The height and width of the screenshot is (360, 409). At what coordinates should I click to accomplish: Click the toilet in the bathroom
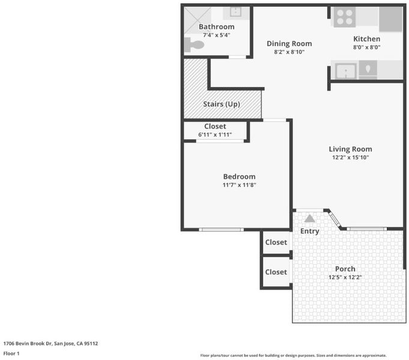pyautogui.click(x=194, y=44)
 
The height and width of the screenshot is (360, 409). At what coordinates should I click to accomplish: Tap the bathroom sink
pyautogui.click(x=235, y=12)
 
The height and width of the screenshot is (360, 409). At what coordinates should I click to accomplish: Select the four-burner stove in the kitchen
pyautogui.click(x=344, y=17)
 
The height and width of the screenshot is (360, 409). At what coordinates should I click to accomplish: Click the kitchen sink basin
pyautogui.click(x=346, y=71)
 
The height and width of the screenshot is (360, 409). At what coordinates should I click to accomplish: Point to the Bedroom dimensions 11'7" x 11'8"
pyautogui.click(x=239, y=185)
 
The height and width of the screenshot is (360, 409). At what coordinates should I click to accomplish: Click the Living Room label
pyautogui.click(x=350, y=149)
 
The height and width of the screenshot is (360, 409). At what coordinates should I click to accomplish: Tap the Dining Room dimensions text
pyautogui.click(x=289, y=52)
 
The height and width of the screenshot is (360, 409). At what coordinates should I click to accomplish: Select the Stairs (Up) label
pyautogui.click(x=222, y=104)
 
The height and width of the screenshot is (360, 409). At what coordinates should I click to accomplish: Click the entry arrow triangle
pyautogui.click(x=310, y=218)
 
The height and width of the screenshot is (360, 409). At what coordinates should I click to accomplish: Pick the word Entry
pyautogui.click(x=310, y=231)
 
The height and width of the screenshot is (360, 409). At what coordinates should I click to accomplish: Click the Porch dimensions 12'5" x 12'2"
pyautogui.click(x=345, y=277)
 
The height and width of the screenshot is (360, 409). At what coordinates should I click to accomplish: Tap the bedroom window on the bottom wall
pyautogui.click(x=221, y=230)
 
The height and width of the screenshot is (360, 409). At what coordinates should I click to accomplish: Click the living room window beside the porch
pyautogui.click(x=367, y=229)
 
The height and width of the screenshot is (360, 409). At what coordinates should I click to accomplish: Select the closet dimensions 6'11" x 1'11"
pyautogui.click(x=215, y=134)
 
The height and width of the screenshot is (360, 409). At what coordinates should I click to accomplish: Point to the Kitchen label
pyautogui.click(x=366, y=39)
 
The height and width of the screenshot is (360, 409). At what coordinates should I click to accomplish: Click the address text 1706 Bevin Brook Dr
pyautogui.click(x=28, y=343)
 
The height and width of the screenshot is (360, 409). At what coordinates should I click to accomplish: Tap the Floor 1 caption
pyautogui.click(x=11, y=353)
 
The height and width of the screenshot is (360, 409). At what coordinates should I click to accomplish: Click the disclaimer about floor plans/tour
pyautogui.click(x=294, y=355)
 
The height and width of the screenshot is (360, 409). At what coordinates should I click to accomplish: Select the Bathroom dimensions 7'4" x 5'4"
pyautogui.click(x=216, y=35)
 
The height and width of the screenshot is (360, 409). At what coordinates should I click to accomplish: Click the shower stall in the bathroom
pyautogui.click(x=198, y=20)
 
